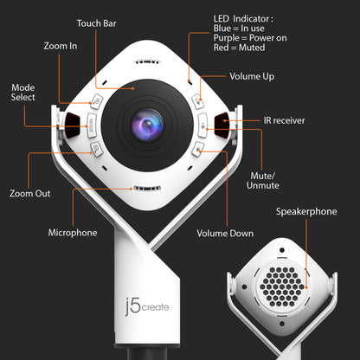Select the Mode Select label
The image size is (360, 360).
(22, 93)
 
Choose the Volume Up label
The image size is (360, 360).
(252, 77)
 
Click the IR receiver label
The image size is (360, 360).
(282, 120)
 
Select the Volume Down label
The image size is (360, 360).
(224, 232)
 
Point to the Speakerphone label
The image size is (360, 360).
(305, 211)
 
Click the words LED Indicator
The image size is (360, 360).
(242, 18)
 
